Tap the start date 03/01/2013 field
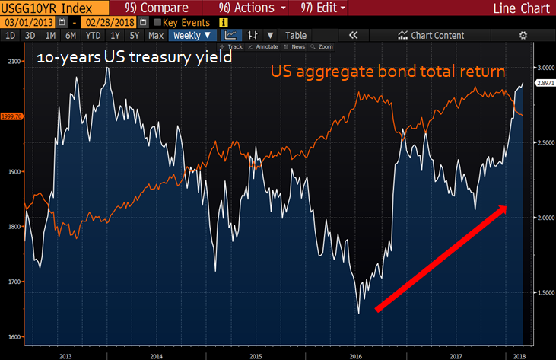[x=24, y=23]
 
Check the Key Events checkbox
[x=157, y=23]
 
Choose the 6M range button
[x=71, y=36]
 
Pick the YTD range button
[x=93, y=36]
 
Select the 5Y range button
[x=135, y=36]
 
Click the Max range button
[x=155, y=36]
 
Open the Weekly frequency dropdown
[x=191, y=36]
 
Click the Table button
[x=296, y=36]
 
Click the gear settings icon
[x=523, y=36]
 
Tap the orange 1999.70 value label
[x=11, y=116]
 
